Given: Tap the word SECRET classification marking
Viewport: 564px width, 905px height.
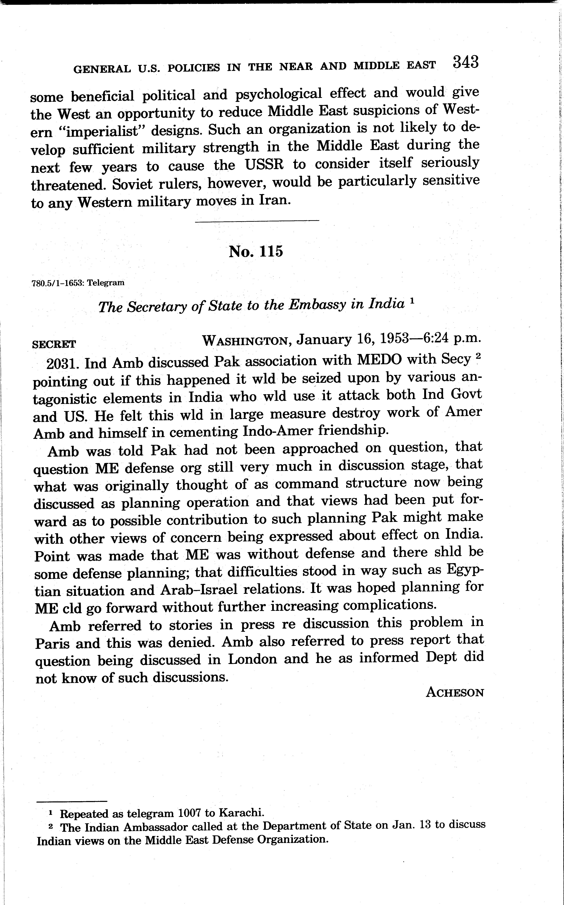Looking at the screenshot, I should tap(54, 344).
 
